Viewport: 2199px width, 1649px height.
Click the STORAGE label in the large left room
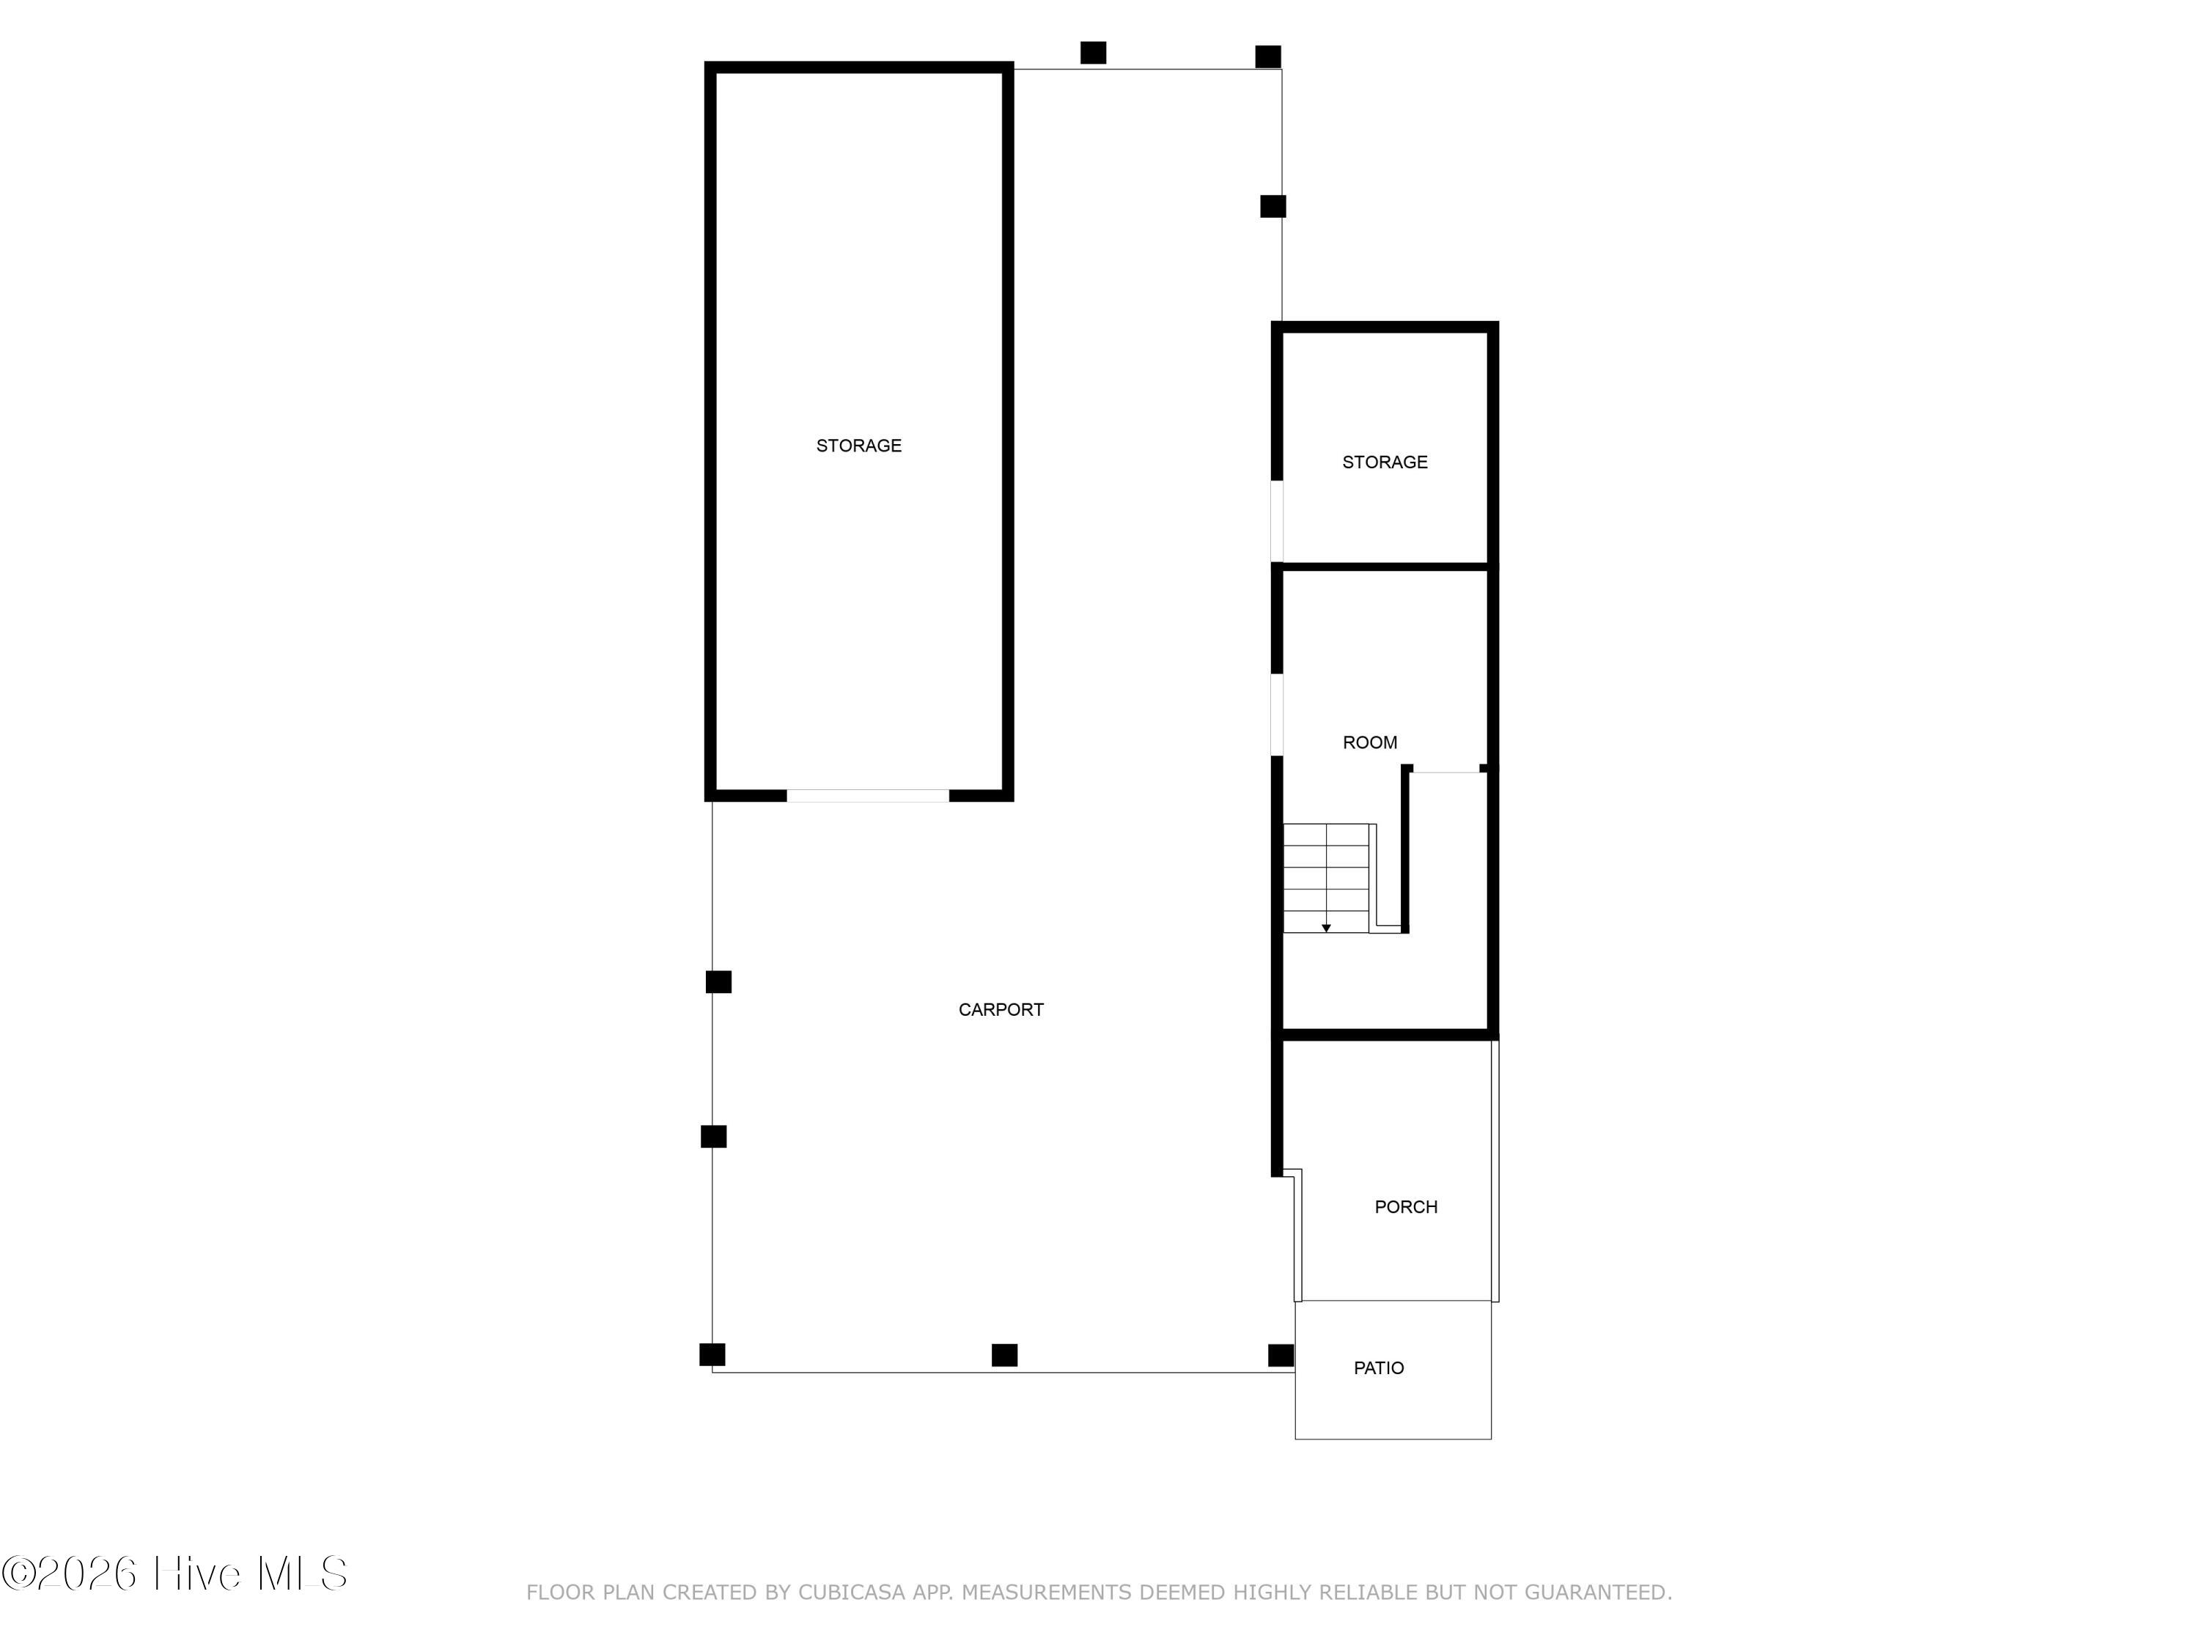tap(859, 446)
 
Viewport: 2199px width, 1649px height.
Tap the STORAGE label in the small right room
tap(1385, 462)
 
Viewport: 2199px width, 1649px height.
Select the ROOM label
tap(1370, 742)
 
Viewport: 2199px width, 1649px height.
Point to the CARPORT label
tap(1001, 1010)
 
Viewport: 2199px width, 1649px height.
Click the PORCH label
tap(1406, 1206)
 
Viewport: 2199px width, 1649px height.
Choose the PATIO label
tap(1379, 1369)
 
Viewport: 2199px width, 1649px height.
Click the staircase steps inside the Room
tap(1326, 879)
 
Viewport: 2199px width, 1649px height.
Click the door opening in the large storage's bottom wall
tap(868, 796)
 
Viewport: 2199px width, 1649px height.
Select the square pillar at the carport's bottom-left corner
tap(712, 1355)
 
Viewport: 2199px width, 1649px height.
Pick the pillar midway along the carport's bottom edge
tap(1005, 1355)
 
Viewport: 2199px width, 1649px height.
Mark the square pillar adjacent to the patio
tap(1281, 1355)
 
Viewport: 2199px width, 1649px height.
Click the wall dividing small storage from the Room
tap(1385, 567)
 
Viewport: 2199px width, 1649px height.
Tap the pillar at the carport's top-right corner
tap(1267, 56)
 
